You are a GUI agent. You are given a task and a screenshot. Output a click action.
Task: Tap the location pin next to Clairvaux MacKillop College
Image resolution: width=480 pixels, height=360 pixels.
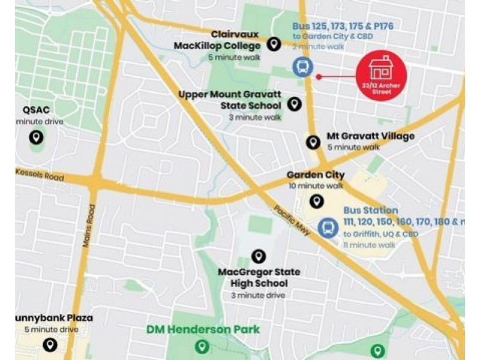tap(274, 44)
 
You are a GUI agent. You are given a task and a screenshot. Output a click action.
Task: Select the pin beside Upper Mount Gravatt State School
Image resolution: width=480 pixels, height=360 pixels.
tap(294, 104)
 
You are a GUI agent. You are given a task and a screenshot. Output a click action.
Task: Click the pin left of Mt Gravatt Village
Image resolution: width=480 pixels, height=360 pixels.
tap(312, 142)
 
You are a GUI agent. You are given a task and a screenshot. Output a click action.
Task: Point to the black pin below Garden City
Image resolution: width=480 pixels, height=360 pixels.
tap(316, 201)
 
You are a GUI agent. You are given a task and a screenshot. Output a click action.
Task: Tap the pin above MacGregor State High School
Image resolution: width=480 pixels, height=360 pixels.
tap(259, 256)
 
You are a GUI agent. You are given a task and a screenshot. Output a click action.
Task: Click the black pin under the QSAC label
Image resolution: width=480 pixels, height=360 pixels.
tap(36, 137)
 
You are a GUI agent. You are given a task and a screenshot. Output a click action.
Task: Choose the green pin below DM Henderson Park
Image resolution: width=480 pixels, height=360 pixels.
tap(203, 346)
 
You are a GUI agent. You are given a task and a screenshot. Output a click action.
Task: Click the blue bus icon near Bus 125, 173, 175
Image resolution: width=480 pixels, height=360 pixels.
tap(302, 67)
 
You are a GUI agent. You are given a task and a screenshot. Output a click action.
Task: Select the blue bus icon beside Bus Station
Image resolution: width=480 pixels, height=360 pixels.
tap(327, 227)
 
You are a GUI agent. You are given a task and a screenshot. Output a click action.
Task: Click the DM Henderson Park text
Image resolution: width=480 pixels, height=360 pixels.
tap(203, 329)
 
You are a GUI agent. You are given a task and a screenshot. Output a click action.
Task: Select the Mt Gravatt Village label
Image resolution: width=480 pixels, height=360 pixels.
tap(370, 136)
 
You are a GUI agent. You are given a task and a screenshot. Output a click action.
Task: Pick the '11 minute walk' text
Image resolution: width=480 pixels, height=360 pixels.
tap(369, 245)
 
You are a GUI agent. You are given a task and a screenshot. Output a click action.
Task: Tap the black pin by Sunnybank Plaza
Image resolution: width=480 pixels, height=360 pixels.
tap(50, 344)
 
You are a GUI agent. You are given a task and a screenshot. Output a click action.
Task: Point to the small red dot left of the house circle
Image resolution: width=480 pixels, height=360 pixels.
tap(319, 76)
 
